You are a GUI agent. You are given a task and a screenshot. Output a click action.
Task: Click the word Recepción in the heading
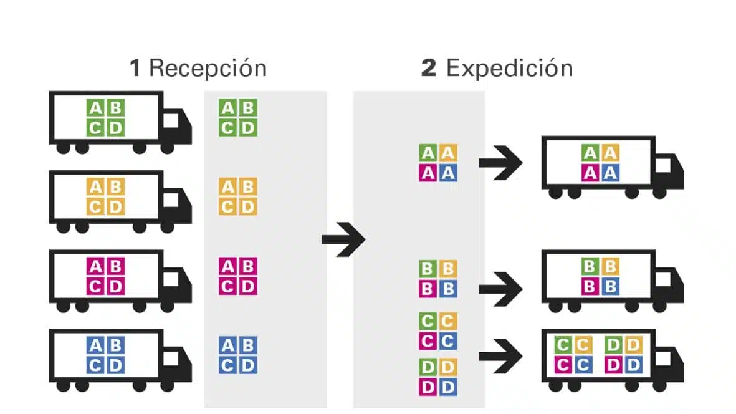coord(208,68)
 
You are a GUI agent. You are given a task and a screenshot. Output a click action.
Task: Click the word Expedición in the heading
coord(509,68)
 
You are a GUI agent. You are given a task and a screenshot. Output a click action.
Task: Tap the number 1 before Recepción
coord(135,68)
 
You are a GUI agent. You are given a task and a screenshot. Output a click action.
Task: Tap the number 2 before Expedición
coord(429,68)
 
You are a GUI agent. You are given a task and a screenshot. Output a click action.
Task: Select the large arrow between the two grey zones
coord(343,239)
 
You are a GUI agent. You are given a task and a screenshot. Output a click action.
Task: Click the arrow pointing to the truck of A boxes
coord(500,163)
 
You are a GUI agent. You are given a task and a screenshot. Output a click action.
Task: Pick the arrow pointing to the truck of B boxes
coord(500,288)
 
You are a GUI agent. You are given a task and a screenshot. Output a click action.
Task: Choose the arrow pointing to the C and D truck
coord(500,356)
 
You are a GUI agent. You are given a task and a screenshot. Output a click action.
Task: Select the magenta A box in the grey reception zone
coord(228,266)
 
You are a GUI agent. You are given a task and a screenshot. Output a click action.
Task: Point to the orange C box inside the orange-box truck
coord(96,206)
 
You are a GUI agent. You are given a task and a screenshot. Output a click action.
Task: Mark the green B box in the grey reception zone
coord(248,108)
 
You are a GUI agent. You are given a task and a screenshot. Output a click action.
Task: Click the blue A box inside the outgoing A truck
coord(611,173)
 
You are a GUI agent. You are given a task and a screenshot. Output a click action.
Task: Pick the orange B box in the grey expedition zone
coord(448,269)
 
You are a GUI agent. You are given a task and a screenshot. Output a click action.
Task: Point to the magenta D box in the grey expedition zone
coord(428,387)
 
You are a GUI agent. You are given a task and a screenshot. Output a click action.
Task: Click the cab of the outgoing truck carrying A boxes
coord(671,172)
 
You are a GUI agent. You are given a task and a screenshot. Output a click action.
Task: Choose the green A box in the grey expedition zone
coord(428,153)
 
